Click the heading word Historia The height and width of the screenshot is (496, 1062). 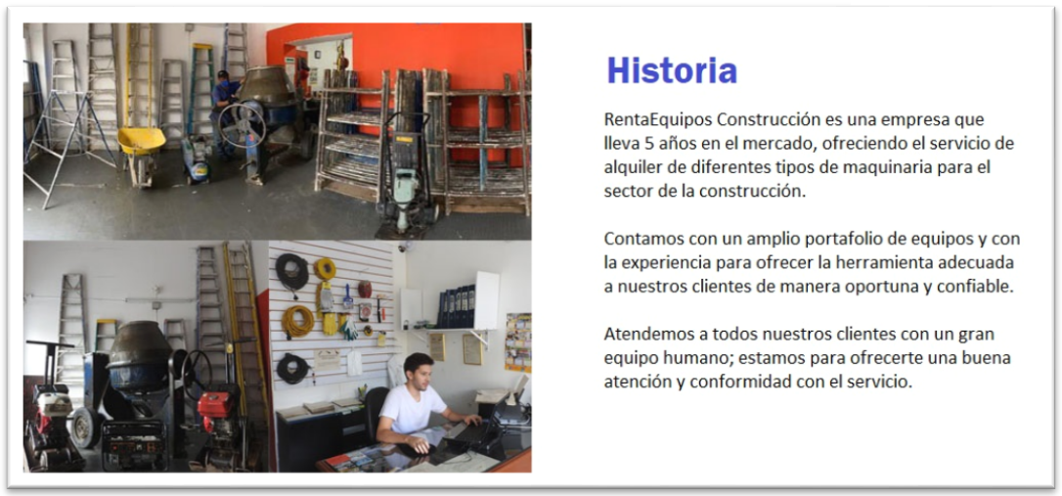tap(671, 69)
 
